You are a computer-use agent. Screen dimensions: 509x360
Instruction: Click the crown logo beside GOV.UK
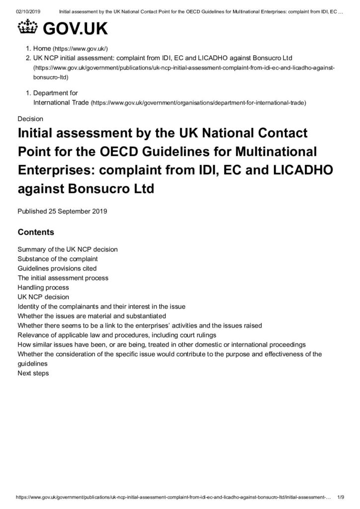click(x=28, y=29)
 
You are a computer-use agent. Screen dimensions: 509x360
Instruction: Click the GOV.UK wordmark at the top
click(x=75, y=30)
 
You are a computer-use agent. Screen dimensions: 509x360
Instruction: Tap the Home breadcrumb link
click(x=42, y=49)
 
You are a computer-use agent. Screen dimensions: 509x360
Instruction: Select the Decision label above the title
click(x=30, y=119)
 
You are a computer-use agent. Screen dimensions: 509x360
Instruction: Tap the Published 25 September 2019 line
click(x=62, y=211)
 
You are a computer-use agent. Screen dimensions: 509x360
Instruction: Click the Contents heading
click(x=36, y=232)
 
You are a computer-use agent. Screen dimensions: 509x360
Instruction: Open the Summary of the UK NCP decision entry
click(x=67, y=250)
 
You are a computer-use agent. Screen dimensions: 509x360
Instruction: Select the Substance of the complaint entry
click(x=57, y=259)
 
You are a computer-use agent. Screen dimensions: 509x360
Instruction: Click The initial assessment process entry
click(x=63, y=278)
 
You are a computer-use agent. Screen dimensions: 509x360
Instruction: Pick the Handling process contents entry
click(x=43, y=287)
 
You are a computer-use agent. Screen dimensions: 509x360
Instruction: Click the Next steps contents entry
click(x=33, y=373)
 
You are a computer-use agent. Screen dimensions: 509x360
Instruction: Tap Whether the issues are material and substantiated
click(x=91, y=316)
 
